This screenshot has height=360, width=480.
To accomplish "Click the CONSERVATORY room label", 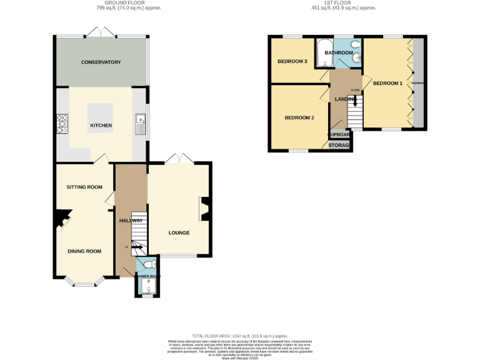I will (x=100, y=62).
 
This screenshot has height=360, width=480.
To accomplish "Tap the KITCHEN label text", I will (x=101, y=126).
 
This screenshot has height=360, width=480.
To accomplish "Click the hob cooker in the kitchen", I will (x=62, y=123).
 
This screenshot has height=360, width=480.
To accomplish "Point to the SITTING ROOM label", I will (x=84, y=187).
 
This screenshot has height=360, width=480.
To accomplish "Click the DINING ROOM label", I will (x=84, y=251).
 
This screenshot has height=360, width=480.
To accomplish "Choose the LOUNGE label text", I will (x=179, y=233).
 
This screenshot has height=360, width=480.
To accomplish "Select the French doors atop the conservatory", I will (x=100, y=32).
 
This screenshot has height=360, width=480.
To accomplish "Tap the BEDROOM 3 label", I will (x=292, y=61).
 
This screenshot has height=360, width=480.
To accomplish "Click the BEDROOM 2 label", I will (x=299, y=117).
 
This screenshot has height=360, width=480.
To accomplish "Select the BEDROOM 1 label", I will (x=387, y=83).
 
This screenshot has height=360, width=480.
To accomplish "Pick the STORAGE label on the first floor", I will (x=340, y=145).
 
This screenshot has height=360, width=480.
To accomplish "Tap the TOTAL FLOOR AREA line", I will (x=240, y=336).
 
